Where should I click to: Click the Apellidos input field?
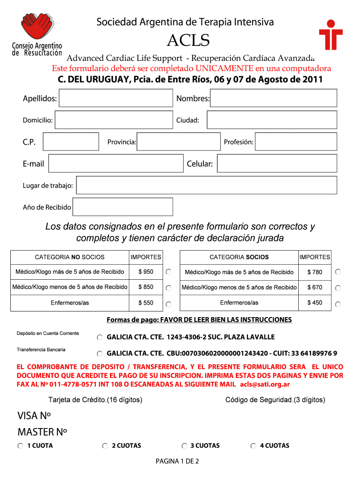pos(115,98)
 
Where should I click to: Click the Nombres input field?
pos(273,98)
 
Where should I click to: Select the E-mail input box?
pos(116,163)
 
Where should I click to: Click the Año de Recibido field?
pos(122,207)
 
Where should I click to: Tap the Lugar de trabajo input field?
pos(206,185)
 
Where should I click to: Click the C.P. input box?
pos(71,141)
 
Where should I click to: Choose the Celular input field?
pos(277,163)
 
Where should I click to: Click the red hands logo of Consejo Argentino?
pos(37,28)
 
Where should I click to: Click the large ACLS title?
pos(188,41)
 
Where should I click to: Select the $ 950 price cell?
pos(146,272)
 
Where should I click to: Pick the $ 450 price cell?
pos(315,303)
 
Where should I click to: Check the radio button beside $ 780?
pos(338,272)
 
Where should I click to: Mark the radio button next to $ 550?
pos(169,305)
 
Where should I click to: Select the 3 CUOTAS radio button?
pos(185,446)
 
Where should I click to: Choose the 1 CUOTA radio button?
pos(21,446)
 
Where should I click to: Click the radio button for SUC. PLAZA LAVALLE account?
pos(100,337)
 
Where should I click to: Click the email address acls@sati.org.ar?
pos(265,385)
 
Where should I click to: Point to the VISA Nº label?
pos(34,416)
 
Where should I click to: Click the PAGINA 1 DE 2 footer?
pos(178,462)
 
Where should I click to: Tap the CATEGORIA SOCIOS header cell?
pos(239,257)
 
